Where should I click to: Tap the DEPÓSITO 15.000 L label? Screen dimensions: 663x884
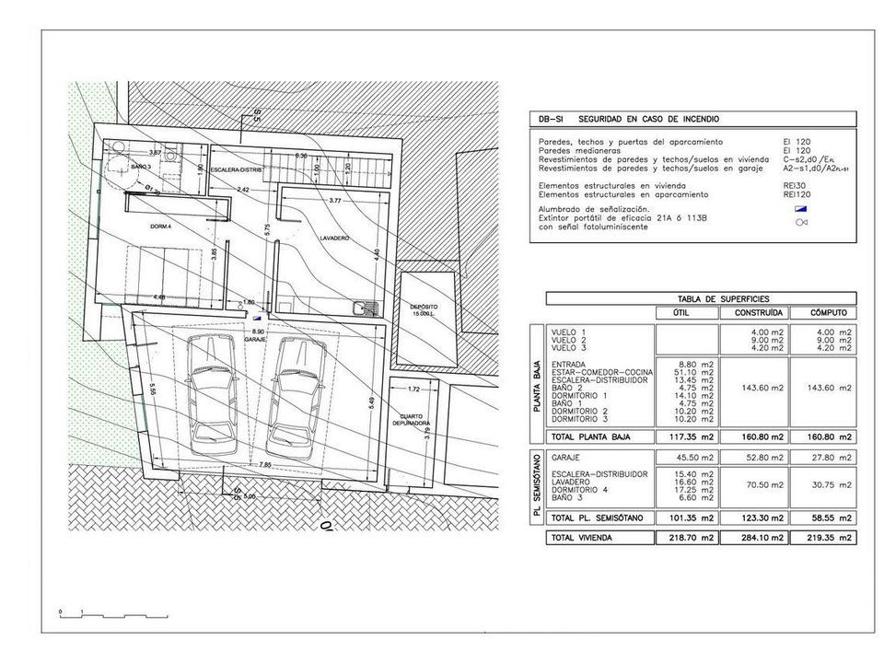424,310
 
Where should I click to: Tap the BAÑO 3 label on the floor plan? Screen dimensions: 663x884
141,166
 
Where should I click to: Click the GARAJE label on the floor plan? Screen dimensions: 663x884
256,339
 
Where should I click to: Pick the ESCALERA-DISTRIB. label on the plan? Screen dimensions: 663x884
237,171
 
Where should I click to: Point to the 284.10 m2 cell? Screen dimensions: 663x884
761,537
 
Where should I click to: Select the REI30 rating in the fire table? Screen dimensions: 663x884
797,186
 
